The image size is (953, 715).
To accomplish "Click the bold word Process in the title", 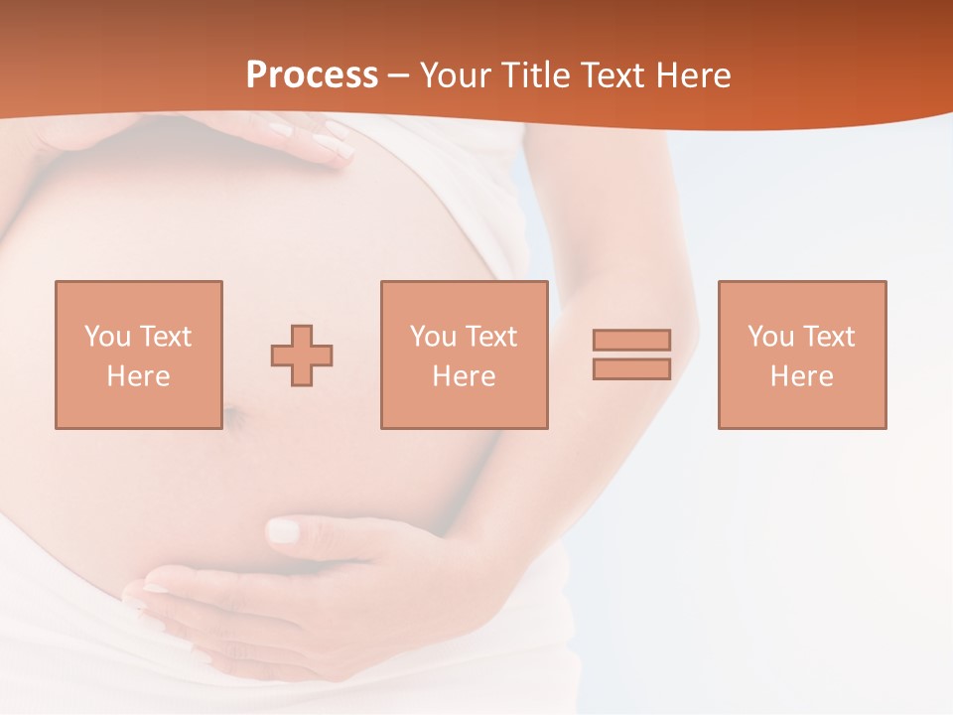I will click(x=312, y=75).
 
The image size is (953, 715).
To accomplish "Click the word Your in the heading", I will click(x=456, y=75).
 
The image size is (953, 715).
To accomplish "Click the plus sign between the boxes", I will click(x=302, y=356).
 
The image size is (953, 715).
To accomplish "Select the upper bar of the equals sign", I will click(x=631, y=340).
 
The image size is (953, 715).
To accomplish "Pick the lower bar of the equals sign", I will click(x=631, y=368).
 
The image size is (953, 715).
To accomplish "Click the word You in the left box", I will click(x=107, y=337).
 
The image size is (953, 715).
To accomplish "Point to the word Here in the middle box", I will click(x=464, y=376).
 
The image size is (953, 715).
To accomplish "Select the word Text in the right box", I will click(x=829, y=337).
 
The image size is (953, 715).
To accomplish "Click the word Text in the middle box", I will click(x=491, y=337).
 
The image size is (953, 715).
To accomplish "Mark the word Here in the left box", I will click(x=138, y=376).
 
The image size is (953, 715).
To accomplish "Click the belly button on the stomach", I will click(x=234, y=416).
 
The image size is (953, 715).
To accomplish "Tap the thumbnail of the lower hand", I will click(x=284, y=530).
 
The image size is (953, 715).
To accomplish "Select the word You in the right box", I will click(x=770, y=337).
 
